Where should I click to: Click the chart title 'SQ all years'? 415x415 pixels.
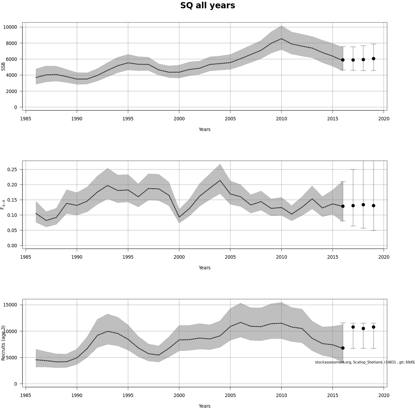(x=207, y=6)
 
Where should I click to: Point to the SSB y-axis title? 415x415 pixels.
(x=3, y=66)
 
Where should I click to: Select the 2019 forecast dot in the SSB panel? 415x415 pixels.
(x=373, y=59)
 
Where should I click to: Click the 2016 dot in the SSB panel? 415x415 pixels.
(x=343, y=60)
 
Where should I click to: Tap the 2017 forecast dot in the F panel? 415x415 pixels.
(x=353, y=205)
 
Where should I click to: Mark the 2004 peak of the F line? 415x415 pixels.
(x=220, y=180)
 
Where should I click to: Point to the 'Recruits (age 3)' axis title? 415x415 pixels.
(x=3, y=343)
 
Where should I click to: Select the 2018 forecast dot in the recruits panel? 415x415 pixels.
(x=363, y=329)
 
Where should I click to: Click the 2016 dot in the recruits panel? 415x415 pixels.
(x=343, y=348)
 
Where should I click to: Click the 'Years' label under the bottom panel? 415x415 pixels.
(x=204, y=406)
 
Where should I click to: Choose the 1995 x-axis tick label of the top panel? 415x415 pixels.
(x=128, y=119)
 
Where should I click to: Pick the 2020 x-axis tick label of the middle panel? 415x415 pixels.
(x=384, y=257)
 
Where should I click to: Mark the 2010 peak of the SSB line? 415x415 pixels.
(x=282, y=39)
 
